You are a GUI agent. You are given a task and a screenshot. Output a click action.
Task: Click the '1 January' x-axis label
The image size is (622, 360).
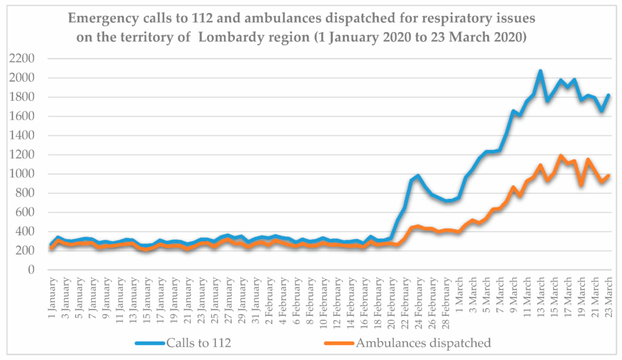[x=52, y=296]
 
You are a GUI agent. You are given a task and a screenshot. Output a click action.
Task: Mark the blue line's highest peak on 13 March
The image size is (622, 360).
[x=540, y=71]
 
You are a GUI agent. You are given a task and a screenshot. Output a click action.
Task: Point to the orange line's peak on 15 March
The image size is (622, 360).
[x=561, y=156]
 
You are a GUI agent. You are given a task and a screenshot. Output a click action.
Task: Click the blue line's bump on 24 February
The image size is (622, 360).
[x=419, y=176]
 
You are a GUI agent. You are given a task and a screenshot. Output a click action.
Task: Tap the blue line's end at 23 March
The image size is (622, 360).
[x=610, y=95]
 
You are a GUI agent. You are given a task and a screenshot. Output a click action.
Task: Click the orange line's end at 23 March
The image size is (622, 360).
[x=610, y=175]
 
